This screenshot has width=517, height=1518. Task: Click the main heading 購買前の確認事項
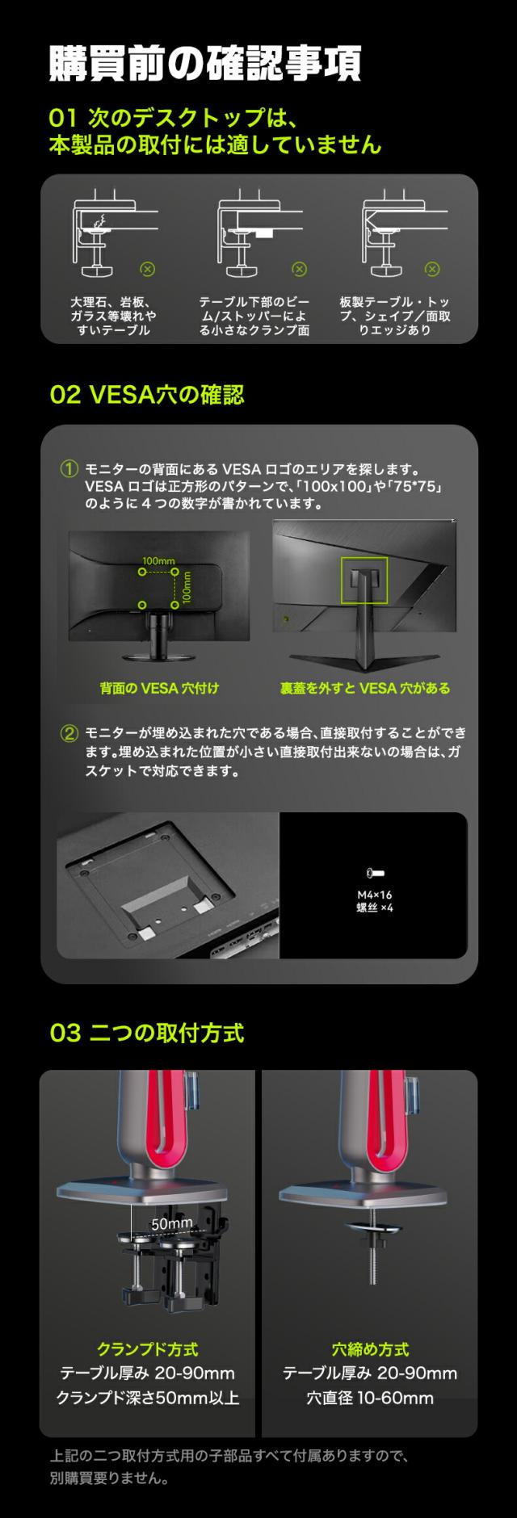point(204,64)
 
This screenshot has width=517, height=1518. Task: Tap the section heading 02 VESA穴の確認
point(147,395)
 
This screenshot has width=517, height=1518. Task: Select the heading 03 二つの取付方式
point(147,1033)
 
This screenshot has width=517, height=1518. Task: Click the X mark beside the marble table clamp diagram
point(147,269)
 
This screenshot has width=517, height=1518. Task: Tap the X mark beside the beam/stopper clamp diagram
point(299,269)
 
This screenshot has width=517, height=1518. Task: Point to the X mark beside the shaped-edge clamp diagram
point(433,269)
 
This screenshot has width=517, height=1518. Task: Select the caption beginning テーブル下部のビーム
point(254,316)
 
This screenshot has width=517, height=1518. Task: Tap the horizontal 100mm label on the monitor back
point(158,561)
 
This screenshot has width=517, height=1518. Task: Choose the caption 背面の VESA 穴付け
point(159,689)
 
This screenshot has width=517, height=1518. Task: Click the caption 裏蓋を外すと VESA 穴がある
point(365,689)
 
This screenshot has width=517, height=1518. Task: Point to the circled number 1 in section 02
point(70,468)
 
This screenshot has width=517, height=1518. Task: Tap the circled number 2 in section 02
point(70,734)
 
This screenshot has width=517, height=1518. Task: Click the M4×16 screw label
point(375,895)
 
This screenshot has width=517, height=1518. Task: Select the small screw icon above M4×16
point(375,873)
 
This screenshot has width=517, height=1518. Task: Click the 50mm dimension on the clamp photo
point(172,1224)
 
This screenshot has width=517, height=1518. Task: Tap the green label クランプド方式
point(147,1349)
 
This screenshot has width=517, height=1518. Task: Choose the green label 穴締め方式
point(370,1349)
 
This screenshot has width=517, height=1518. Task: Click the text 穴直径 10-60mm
point(370,1398)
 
